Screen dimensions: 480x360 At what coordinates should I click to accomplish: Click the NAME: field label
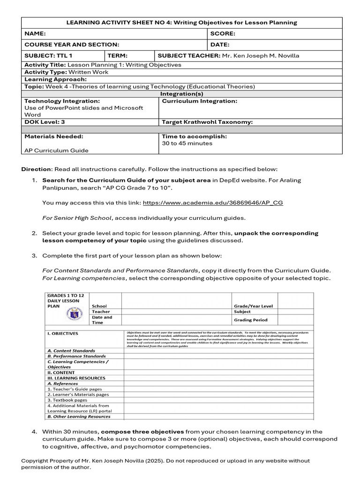coord(35,34)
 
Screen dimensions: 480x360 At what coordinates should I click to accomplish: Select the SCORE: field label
coord(223,34)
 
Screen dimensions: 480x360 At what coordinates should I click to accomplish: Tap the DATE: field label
coord(220,45)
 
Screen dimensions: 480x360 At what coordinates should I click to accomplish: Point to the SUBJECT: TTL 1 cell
coord(48,55)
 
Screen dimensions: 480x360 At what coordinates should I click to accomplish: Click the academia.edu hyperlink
coord(213,202)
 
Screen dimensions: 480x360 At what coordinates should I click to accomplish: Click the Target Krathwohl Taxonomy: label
coord(207,122)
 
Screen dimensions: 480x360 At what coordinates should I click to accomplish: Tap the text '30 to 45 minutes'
coord(187,143)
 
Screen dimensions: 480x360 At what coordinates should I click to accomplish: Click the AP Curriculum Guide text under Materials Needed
coord(56,150)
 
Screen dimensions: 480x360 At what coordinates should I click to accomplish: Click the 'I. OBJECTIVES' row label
coord(63,334)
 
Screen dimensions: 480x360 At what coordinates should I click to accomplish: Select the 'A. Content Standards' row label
coord(71,351)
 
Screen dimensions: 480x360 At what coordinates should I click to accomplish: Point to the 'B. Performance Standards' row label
coord(76,356)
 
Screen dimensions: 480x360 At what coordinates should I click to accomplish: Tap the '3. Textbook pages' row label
coord(67,400)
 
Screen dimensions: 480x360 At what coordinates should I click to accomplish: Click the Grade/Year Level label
coord(253,306)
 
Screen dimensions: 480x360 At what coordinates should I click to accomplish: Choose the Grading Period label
coord(251,320)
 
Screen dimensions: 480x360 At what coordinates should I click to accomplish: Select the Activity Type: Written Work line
coord(66,72)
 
